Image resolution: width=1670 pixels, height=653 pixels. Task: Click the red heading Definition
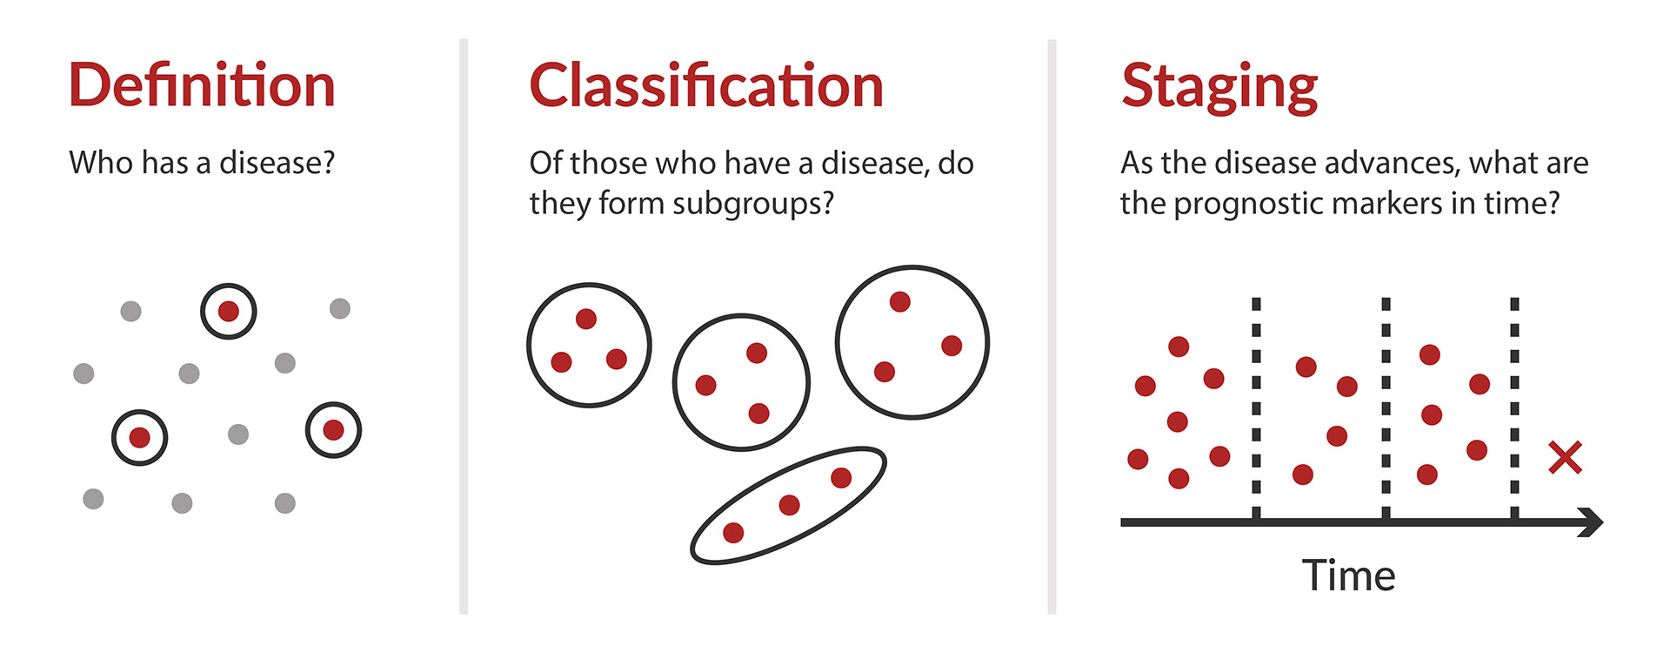click(202, 85)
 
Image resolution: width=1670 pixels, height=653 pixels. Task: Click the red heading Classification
click(706, 85)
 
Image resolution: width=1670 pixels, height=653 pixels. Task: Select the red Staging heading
click(1219, 88)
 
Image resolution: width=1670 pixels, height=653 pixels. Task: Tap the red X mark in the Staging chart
click(1565, 457)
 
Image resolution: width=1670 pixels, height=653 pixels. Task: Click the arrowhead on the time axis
click(1592, 522)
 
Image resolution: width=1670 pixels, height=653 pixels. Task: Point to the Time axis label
click(1348, 576)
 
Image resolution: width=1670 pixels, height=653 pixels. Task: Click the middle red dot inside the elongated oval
click(789, 505)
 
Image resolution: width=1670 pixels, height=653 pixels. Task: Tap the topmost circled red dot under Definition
click(229, 311)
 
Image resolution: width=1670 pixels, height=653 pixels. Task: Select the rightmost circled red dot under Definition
click(333, 430)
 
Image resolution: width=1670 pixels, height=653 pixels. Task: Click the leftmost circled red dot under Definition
click(139, 437)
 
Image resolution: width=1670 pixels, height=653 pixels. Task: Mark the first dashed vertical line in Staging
click(1256, 409)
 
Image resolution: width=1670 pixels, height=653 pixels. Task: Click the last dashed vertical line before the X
click(1514, 409)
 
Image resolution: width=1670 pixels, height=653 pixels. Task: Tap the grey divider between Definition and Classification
click(464, 326)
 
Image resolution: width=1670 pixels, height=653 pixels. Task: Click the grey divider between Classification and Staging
click(1052, 326)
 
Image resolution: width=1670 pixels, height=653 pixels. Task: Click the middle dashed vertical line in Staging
click(1386, 409)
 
